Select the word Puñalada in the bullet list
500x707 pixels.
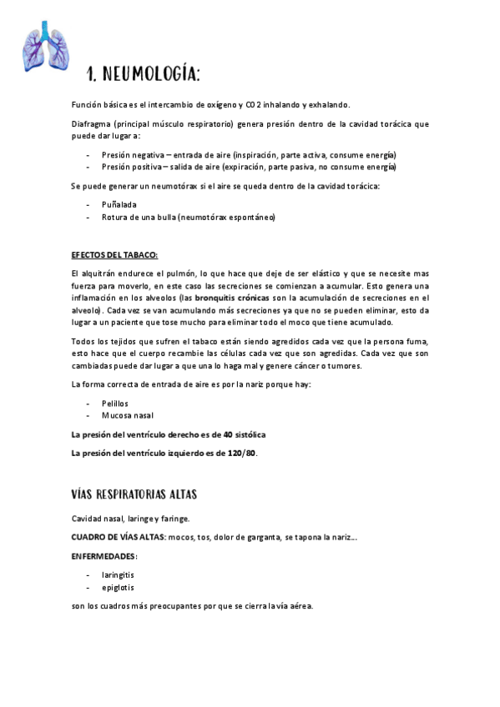click(x=120, y=203)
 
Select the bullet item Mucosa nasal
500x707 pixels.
click(x=128, y=415)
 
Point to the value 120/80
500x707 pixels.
click(x=243, y=453)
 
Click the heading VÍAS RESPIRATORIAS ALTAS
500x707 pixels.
click(x=134, y=494)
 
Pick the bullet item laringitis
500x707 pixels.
click(x=119, y=574)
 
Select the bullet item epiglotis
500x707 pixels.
click(x=118, y=587)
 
